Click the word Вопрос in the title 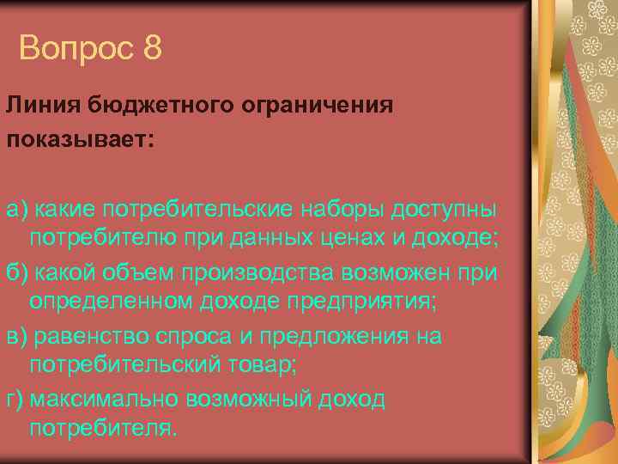[x=76, y=48]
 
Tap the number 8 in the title [x=153, y=48]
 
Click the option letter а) [x=17, y=209]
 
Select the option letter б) [x=17, y=272]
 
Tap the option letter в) [x=16, y=336]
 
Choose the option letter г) [x=15, y=400]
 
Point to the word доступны [x=445, y=209]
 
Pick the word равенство [x=95, y=336]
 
